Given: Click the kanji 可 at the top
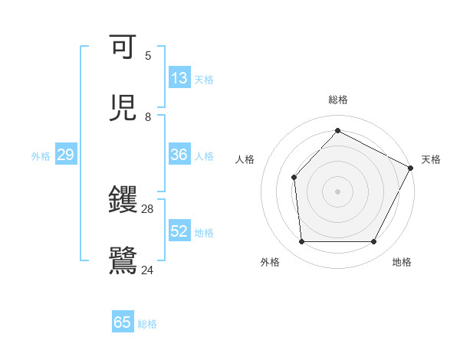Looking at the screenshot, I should pos(123,47).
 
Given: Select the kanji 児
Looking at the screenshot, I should pos(123,108).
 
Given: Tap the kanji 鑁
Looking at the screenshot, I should pos(123,200).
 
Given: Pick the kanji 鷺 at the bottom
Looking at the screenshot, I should pos(123,260).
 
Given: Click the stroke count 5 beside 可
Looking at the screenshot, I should pos(148,56).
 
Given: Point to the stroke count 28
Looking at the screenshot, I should pos(148,209).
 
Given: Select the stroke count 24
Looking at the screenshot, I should pos(148,270).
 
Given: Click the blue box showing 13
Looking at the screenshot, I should pos(179,78).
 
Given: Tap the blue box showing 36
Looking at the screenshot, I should pos(179,155).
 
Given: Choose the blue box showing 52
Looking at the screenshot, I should pos(179,231).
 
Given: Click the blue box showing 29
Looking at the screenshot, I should pos(65,155).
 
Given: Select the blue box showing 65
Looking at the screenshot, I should pos(123,322).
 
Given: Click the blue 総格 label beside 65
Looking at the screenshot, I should pos(147,324).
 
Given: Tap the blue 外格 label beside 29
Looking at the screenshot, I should pos(41,156).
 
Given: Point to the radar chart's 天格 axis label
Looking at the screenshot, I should pos(431,159).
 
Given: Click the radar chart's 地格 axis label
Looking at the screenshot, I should pos(402,262).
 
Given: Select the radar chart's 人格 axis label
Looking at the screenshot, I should pos(245,159).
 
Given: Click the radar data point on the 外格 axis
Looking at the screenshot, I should pos(301,242).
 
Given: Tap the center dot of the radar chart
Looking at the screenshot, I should pos(337,191).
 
